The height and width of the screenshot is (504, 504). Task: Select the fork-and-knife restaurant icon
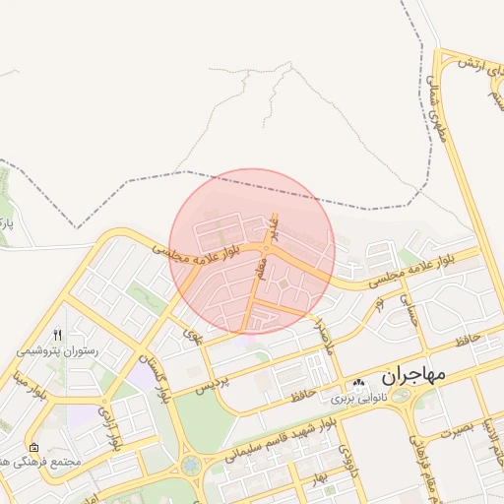pyautogui.click(x=57, y=335)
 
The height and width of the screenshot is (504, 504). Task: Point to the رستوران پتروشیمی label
pyautogui.click(x=54, y=349)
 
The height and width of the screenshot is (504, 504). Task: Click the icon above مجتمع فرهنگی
pyautogui.click(x=35, y=447)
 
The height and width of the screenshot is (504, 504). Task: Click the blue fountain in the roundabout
pyautogui.click(x=190, y=465)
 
